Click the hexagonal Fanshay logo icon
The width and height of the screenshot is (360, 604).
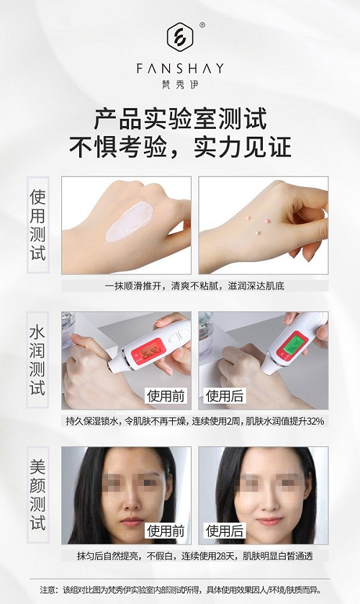180,37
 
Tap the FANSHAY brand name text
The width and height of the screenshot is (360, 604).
180,69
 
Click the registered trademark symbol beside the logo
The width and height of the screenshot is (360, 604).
202,25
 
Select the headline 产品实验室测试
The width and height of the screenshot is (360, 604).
180,119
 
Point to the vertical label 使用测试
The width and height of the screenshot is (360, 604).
37,225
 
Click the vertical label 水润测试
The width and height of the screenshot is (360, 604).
37,360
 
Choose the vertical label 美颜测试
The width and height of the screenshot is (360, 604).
37,495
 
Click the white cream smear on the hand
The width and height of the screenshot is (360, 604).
129,222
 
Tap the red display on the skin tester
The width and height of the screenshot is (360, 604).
148,351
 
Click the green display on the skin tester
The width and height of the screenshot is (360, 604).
293,343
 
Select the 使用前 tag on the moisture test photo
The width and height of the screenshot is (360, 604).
166,396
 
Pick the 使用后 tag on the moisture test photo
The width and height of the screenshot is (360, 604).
225,396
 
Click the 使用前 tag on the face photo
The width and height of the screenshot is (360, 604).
166,531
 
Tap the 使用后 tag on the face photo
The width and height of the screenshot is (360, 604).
225,531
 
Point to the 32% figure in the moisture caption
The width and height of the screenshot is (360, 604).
315,421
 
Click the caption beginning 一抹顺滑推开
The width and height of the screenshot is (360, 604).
194,286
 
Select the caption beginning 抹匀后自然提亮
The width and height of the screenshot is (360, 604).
194,556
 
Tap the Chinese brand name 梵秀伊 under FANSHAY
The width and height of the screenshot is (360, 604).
180,84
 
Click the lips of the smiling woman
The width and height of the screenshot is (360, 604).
269,521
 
